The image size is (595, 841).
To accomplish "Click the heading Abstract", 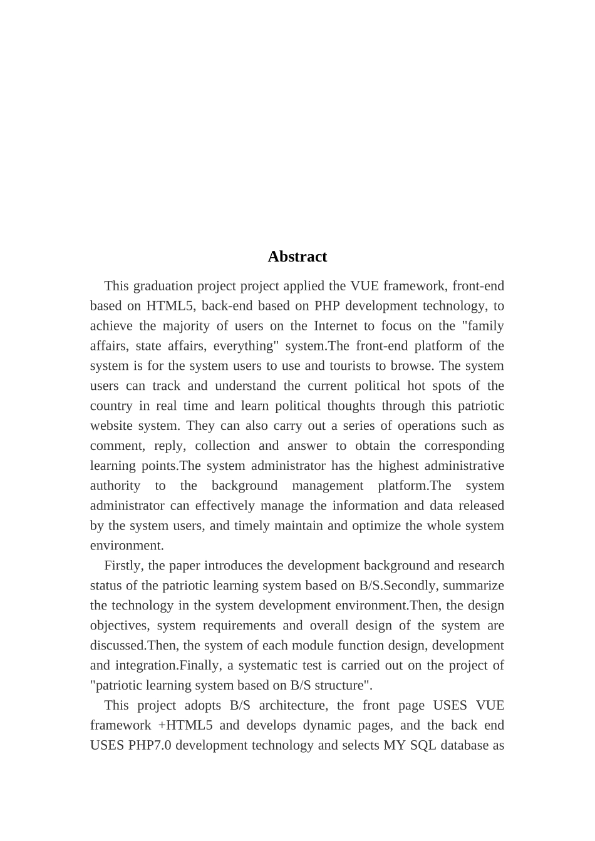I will [x=297, y=257].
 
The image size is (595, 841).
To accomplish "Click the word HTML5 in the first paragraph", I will [x=170, y=306].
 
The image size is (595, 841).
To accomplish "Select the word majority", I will [x=186, y=326].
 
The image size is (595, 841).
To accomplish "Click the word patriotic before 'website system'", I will [x=480, y=405].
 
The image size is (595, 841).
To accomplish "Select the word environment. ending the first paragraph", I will [x=127, y=546].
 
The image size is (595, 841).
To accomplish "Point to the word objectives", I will [x=119, y=626].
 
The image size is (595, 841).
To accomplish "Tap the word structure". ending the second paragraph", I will [x=346, y=685].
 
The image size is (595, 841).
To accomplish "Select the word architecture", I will [x=292, y=705].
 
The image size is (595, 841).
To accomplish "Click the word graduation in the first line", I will [x=161, y=286].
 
